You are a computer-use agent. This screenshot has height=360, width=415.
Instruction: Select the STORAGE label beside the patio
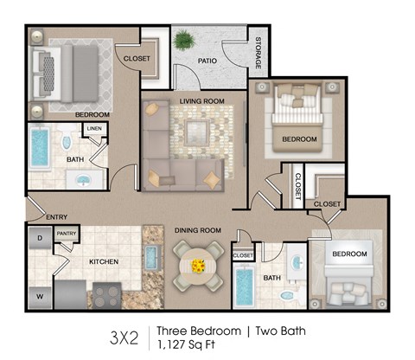coord(258,53)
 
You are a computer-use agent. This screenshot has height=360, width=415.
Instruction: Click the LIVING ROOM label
coord(201,101)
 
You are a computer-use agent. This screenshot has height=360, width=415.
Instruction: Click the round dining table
coord(198,264)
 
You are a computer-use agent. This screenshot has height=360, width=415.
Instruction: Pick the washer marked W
coord(40,294)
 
